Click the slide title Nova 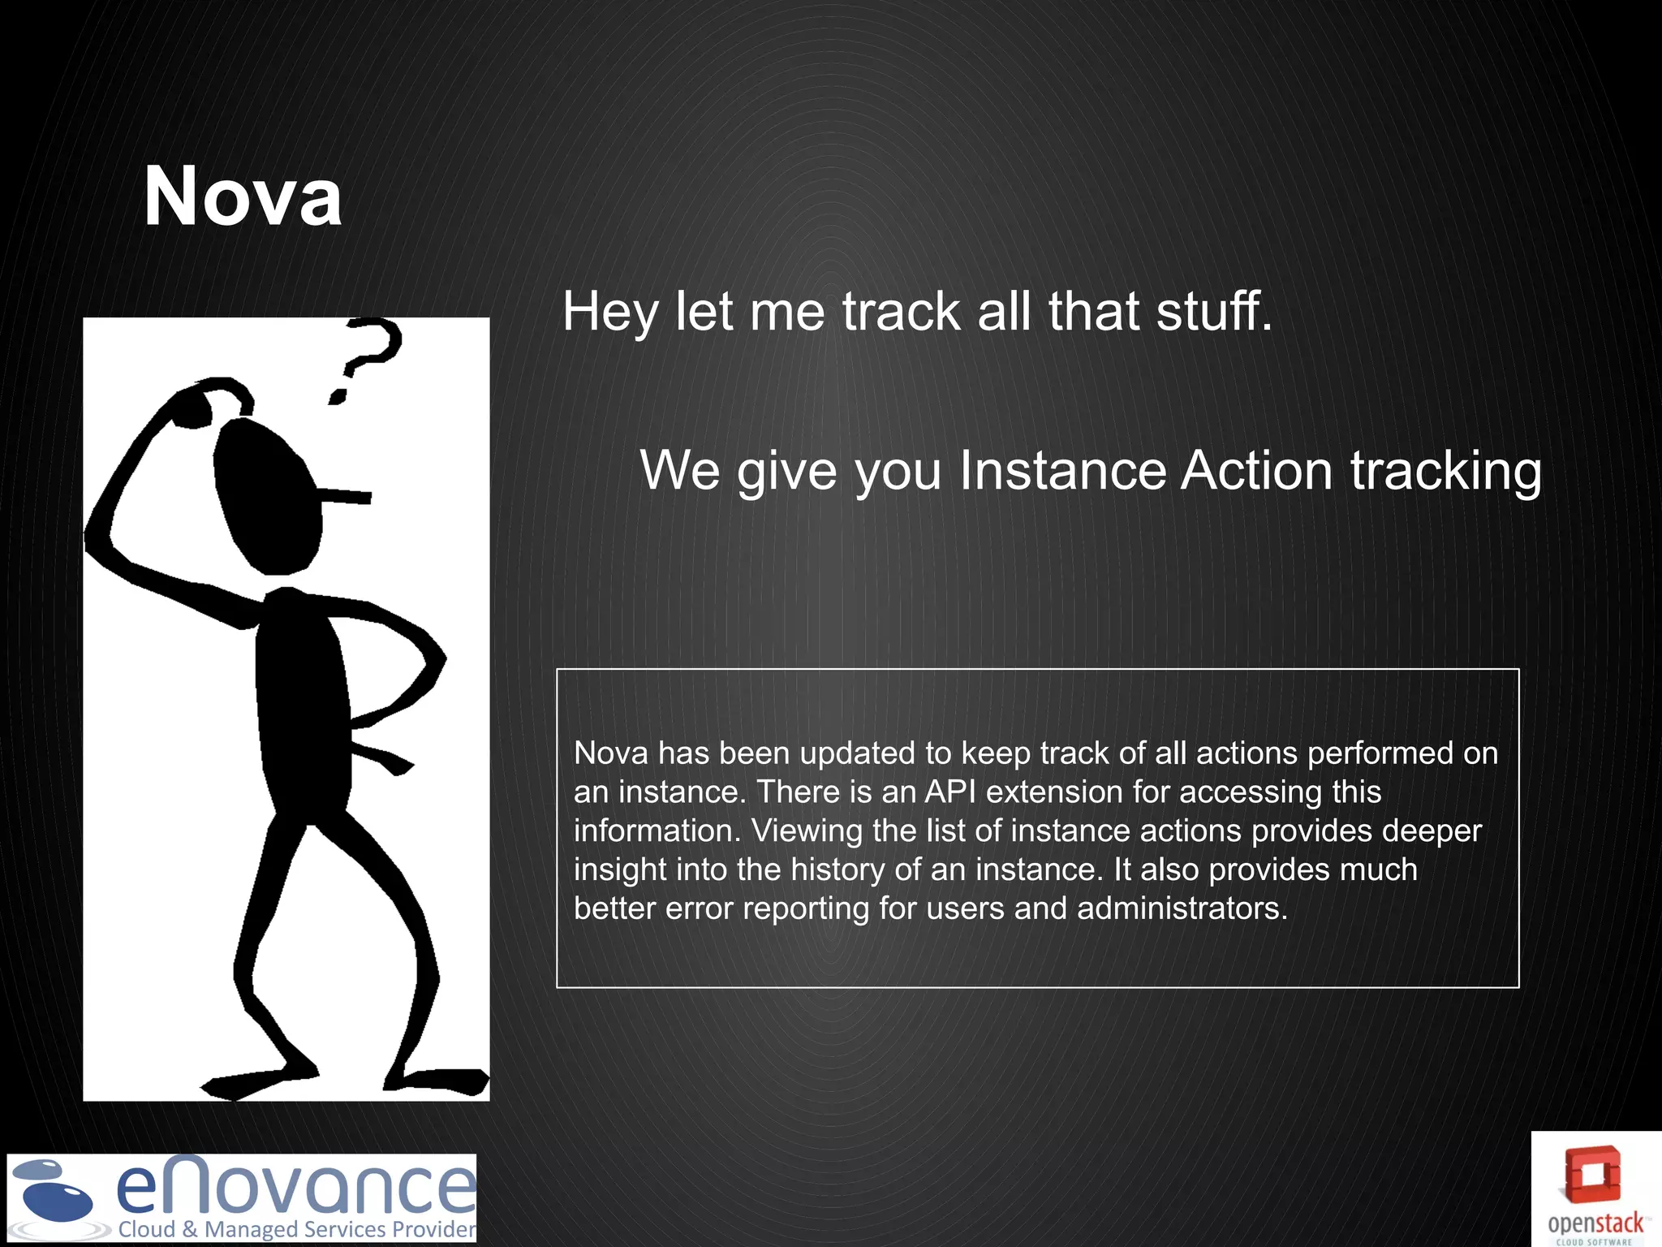point(243,196)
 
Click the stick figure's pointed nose point(345,495)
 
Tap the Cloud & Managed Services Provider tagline point(297,1229)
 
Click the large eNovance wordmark point(295,1187)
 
